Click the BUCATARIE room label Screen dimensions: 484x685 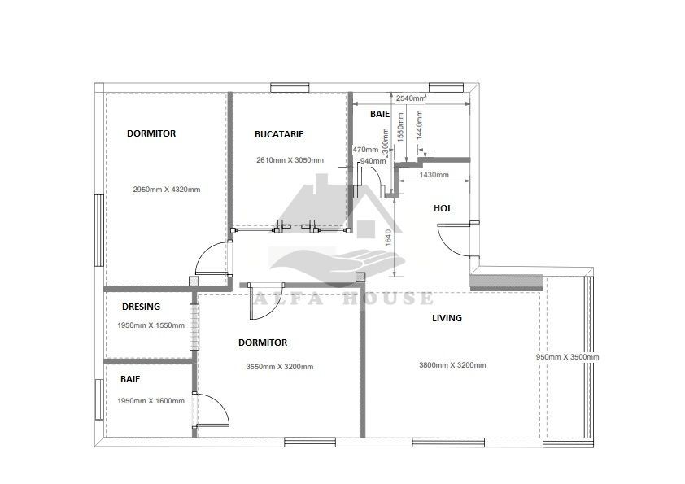pyautogui.click(x=279, y=133)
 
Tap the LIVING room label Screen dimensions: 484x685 pyautogui.click(x=447, y=318)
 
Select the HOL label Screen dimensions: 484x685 pyautogui.click(x=443, y=209)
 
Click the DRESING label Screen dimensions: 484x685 pyautogui.click(x=141, y=307)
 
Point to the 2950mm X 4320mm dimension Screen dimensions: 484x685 pyautogui.click(x=167, y=190)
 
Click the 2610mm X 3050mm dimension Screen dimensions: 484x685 pyautogui.click(x=290, y=160)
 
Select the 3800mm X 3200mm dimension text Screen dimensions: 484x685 pyautogui.click(x=452, y=365)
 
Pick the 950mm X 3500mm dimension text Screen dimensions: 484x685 pyautogui.click(x=567, y=357)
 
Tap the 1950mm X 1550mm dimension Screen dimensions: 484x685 pyautogui.click(x=151, y=325)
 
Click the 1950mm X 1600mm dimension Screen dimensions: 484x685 pyautogui.click(x=151, y=400)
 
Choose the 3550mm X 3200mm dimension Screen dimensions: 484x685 pyautogui.click(x=280, y=367)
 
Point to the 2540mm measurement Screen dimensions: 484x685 pyautogui.click(x=411, y=98)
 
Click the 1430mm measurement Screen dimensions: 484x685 pyautogui.click(x=434, y=175)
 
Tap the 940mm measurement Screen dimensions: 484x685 pyautogui.click(x=373, y=161)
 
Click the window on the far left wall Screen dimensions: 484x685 pyautogui.click(x=98, y=230)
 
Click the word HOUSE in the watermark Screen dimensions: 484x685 pyautogui.click(x=395, y=299)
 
